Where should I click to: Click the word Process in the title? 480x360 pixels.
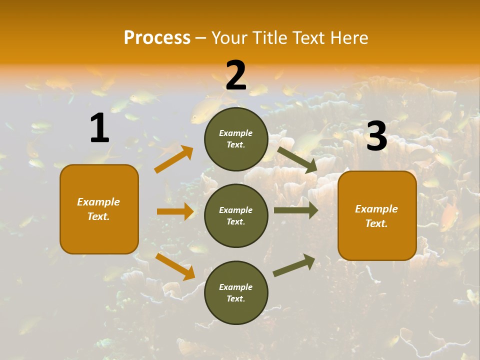click(157, 38)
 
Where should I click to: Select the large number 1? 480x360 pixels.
click(99, 128)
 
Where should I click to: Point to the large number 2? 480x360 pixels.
click(236, 75)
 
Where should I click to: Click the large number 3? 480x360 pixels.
click(376, 136)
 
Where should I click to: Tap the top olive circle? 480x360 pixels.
click(236, 139)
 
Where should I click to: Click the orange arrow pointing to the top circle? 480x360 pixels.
click(173, 159)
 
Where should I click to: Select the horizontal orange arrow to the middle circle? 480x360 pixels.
click(175, 211)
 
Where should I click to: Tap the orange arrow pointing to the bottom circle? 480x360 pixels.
click(175, 266)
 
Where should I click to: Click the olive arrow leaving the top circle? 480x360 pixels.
click(297, 159)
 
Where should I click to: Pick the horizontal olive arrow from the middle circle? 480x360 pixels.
click(295, 210)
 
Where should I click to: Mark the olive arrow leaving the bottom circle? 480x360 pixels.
click(294, 265)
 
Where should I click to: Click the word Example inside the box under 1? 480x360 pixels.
click(98, 202)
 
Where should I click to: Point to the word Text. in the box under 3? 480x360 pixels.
click(376, 223)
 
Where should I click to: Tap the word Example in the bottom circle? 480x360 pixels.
click(235, 287)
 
